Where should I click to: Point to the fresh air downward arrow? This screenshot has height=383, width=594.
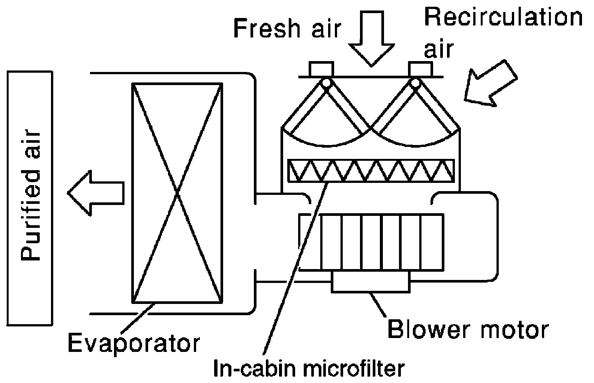372,38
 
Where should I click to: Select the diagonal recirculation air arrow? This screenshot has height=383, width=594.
490,83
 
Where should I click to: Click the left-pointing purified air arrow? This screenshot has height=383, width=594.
96,193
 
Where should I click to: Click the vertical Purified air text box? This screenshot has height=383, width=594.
30,198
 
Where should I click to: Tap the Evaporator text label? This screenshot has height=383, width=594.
133,344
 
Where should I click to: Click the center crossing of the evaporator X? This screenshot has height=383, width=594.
177,193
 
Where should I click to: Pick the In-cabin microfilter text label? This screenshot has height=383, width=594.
309,368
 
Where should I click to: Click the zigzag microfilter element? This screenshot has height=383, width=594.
371,171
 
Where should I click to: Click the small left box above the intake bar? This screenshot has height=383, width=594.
321,69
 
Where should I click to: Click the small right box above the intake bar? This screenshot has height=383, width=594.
421,69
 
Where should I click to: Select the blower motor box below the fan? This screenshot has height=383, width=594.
371,282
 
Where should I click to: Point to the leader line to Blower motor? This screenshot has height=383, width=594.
378,305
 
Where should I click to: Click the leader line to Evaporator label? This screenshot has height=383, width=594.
138,318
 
